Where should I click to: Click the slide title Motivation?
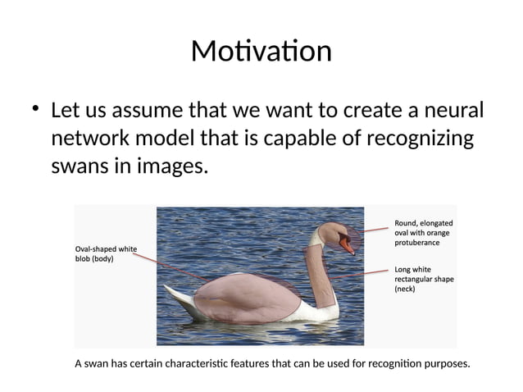point(261,51)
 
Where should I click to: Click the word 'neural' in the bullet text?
point(451,110)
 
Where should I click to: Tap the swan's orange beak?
point(349,244)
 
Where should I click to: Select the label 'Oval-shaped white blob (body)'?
point(106,253)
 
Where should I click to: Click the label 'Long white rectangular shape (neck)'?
point(424,279)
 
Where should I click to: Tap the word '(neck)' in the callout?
point(406,289)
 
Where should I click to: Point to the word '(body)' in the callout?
point(101,259)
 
